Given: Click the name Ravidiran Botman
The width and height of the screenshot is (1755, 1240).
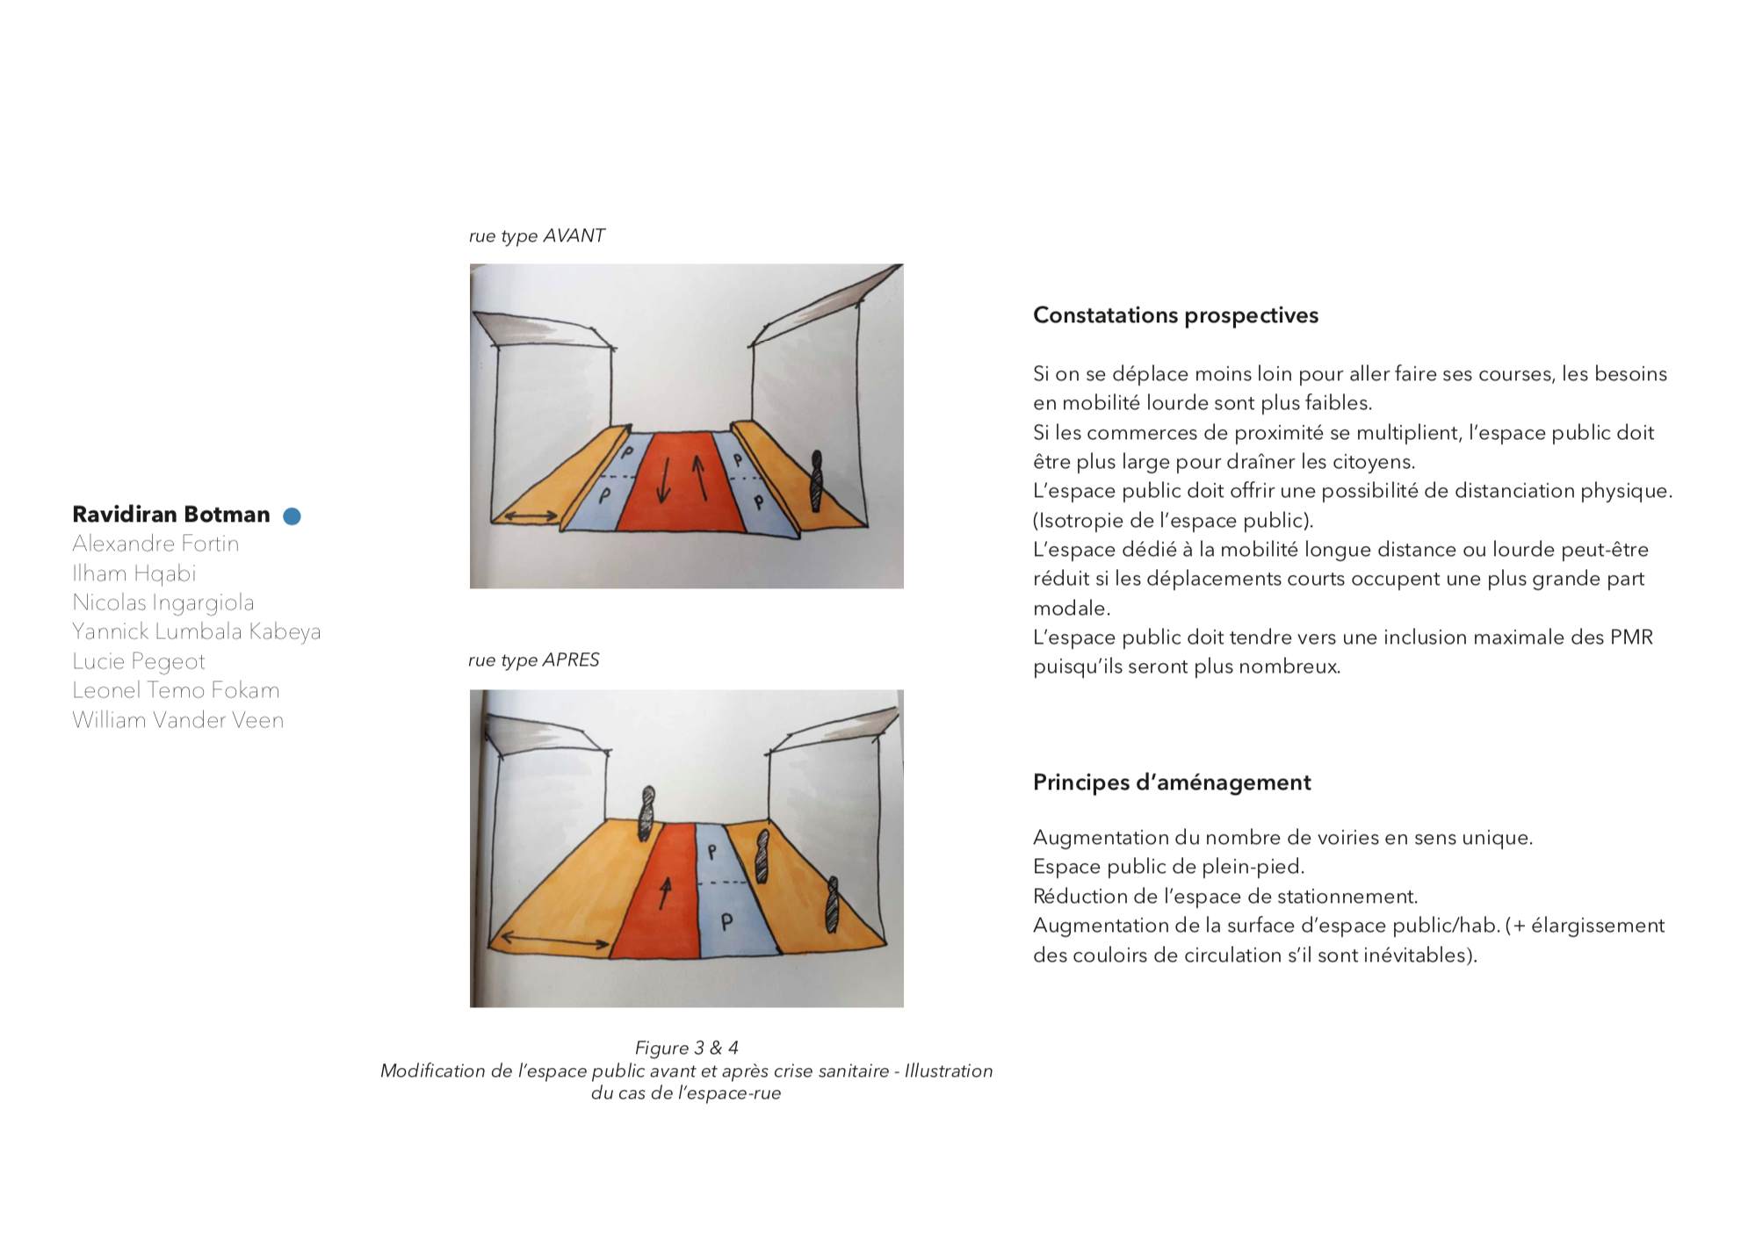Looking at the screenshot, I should (x=170, y=515).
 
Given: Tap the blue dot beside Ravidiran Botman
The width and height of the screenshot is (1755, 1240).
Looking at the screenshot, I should (x=292, y=516).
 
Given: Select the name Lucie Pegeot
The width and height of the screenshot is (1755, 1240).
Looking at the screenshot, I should (x=139, y=661).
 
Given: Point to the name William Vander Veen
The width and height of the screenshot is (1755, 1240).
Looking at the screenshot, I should (x=178, y=720).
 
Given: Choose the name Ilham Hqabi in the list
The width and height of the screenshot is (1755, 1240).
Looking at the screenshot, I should (x=134, y=573).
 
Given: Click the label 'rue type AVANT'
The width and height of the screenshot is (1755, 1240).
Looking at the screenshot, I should (x=537, y=236).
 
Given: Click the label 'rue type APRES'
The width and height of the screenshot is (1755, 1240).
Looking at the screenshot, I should (x=534, y=660).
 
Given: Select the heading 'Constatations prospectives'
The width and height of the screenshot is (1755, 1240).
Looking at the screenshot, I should (x=1175, y=315).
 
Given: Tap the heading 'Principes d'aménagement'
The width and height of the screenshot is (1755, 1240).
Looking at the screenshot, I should (x=1172, y=782).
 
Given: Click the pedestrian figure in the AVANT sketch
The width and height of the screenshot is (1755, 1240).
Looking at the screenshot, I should (x=817, y=480).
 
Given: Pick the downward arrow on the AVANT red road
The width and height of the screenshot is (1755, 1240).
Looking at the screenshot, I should (x=663, y=479).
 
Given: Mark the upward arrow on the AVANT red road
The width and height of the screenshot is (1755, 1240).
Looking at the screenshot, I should (x=700, y=477).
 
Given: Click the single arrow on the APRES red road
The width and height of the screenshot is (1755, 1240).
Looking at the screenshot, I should (x=665, y=893).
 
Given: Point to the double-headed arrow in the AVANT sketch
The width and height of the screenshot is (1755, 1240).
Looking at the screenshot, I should (x=528, y=516).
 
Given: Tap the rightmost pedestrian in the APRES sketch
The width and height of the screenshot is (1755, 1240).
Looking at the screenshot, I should (x=831, y=905).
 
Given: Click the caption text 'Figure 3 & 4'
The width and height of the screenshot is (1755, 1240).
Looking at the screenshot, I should (x=686, y=1048).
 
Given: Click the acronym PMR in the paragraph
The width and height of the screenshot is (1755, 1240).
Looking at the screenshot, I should (x=1632, y=638).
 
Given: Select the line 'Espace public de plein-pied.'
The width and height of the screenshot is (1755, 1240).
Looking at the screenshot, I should (x=1168, y=867).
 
